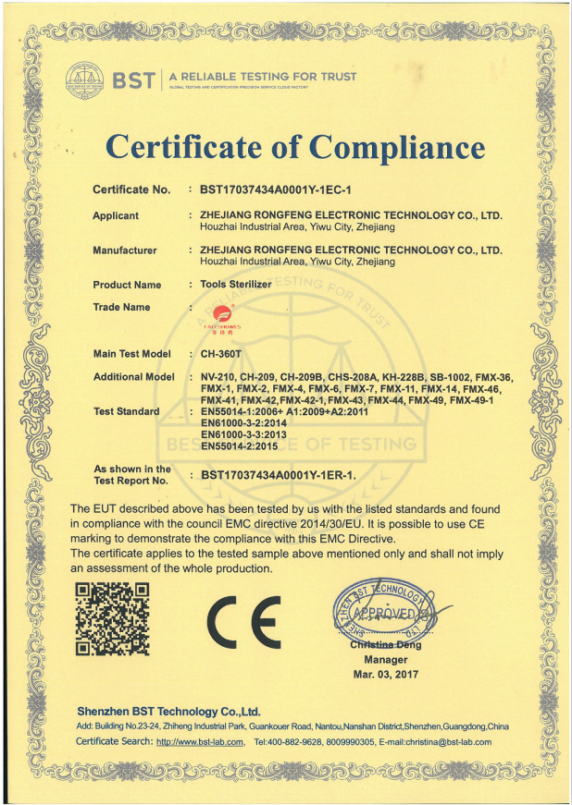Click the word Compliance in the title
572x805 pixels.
click(x=397, y=146)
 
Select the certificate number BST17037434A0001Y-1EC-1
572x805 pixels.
click(x=277, y=189)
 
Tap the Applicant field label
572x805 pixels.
click(x=116, y=215)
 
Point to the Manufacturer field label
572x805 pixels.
click(x=125, y=250)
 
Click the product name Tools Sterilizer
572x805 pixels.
click(x=236, y=285)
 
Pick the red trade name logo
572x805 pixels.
click(x=221, y=319)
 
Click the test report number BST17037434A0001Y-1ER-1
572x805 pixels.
click(x=278, y=475)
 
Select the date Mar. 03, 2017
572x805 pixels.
click(x=385, y=675)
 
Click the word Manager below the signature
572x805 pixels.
click(x=385, y=660)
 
